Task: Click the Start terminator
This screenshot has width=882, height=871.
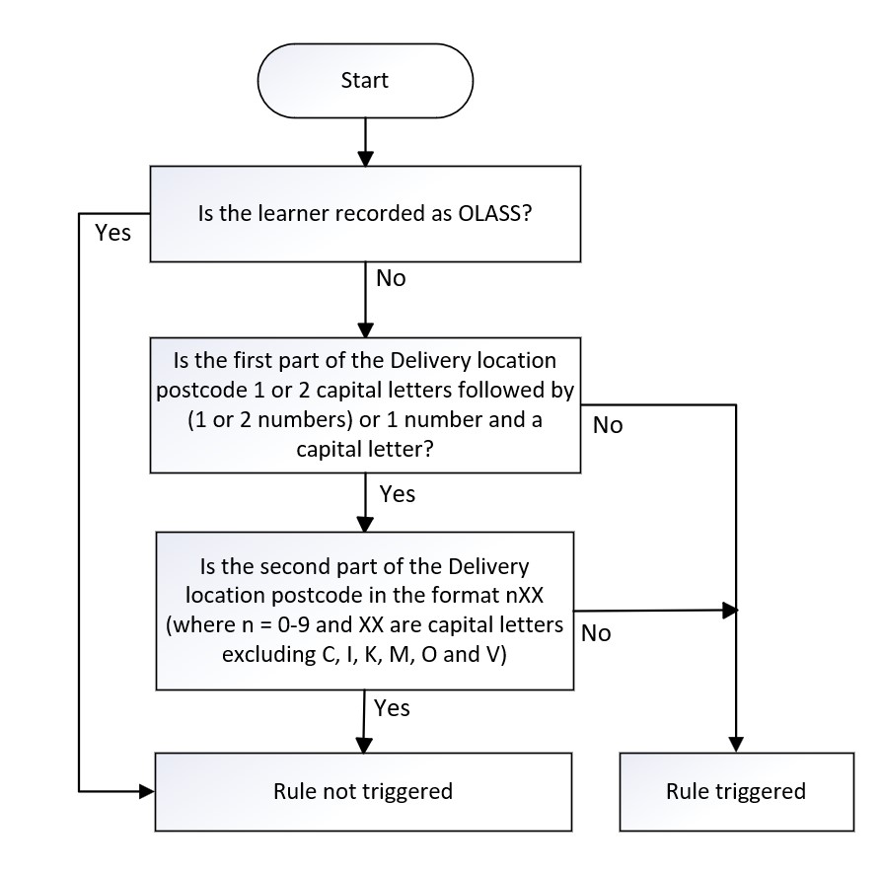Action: coord(365,81)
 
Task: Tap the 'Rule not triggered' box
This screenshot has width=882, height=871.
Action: coord(363,792)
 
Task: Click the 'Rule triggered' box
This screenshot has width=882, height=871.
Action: coord(737,792)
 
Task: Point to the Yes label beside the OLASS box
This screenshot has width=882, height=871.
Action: coord(113,233)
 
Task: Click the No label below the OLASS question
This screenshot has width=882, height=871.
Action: coord(391,278)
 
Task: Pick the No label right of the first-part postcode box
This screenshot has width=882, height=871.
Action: coord(608,426)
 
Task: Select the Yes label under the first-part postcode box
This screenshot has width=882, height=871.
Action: coord(398,494)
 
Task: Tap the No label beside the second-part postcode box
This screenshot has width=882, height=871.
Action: coord(596,633)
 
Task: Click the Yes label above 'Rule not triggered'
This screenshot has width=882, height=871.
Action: coord(392,708)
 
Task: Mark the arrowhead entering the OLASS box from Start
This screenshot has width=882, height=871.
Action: coord(366,159)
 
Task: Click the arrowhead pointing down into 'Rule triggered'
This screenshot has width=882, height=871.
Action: coord(736,745)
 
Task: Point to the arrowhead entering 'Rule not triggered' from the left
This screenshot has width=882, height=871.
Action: coord(147,792)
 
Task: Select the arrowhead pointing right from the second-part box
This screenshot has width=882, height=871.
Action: coord(730,610)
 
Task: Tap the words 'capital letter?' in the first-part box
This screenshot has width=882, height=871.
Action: coord(365,449)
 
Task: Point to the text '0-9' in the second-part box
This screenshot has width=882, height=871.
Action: coord(294,625)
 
